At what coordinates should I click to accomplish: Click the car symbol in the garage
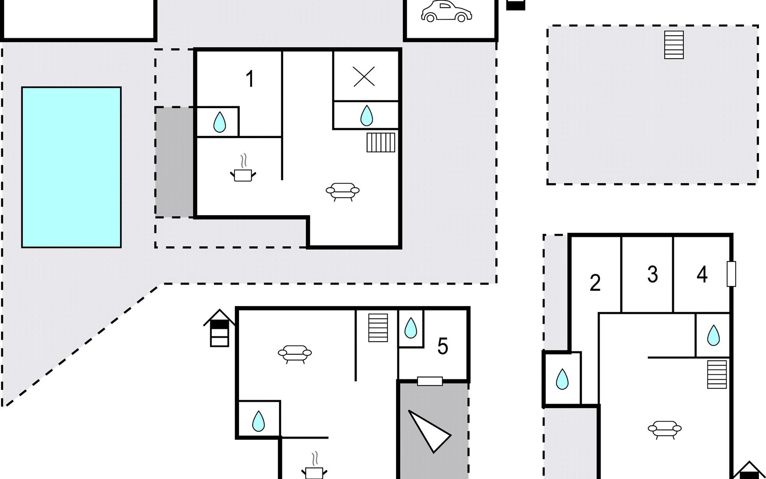click(446, 12)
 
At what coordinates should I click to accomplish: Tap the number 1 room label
click(250, 79)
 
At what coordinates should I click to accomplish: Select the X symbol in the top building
click(364, 76)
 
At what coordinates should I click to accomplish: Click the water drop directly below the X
click(366, 115)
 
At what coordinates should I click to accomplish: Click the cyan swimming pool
click(71, 167)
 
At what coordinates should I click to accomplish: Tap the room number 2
click(595, 283)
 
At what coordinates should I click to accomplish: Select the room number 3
click(652, 275)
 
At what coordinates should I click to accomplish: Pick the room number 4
click(702, 275)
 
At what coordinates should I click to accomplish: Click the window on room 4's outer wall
click(731, 274)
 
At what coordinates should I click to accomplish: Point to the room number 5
click(442, 346)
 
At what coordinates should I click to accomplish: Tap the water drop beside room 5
click(411, 328)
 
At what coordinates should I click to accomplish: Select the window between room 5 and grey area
click(430, 381)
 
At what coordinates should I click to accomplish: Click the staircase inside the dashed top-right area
click(674, 45)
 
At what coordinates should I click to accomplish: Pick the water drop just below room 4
click(713, 335)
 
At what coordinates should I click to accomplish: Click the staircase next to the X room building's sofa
click(381, 143)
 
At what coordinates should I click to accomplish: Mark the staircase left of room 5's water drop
click(378, 328)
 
